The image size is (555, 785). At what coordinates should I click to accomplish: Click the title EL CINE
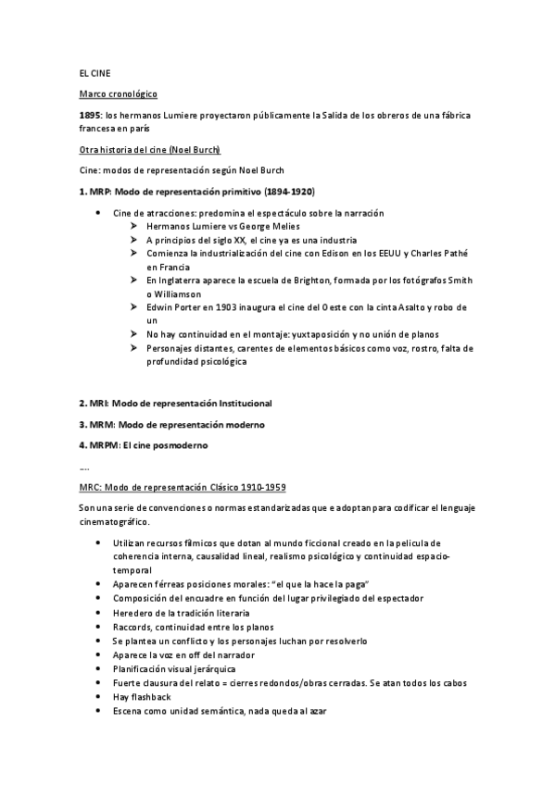[95, 72]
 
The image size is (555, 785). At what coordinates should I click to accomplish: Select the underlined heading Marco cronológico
[118, 94]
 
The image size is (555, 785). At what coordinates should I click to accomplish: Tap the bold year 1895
[91, 116]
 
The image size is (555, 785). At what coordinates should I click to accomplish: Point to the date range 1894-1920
[289, 192]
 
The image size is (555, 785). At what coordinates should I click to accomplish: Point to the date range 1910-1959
[260, 487]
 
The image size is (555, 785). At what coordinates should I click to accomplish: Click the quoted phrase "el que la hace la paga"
[315, 585]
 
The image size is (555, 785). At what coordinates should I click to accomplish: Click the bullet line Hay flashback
[140, 697]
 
